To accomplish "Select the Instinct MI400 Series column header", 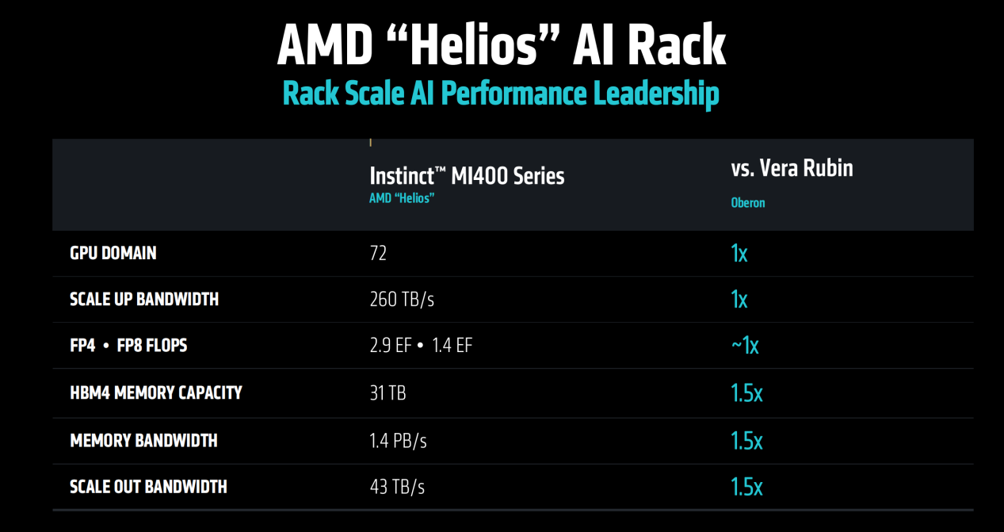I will tap(467, 175).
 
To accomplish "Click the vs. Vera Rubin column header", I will tap(792, 168).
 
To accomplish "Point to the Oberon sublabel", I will tap(748, 203).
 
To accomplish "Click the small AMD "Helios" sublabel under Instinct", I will tap(402, 198).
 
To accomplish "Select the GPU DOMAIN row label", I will tap(113, 253).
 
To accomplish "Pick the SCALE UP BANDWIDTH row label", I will tap(144, 299).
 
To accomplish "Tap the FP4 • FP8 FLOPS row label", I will tap(128, 346).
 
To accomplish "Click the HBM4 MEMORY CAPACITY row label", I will tap(156, 392).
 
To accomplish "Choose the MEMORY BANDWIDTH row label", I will tap(143, 440).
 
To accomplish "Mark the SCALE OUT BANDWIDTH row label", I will tap(148, 486).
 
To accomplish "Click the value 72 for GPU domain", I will tap(378, 254).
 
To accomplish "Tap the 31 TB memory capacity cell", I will tap(387, 392).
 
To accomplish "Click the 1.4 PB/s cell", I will tap(398, 440).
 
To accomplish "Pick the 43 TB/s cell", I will tap(397, 487).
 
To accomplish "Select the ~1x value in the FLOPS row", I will tap(744, 346).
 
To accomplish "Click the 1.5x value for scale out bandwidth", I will tap(746, 487).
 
